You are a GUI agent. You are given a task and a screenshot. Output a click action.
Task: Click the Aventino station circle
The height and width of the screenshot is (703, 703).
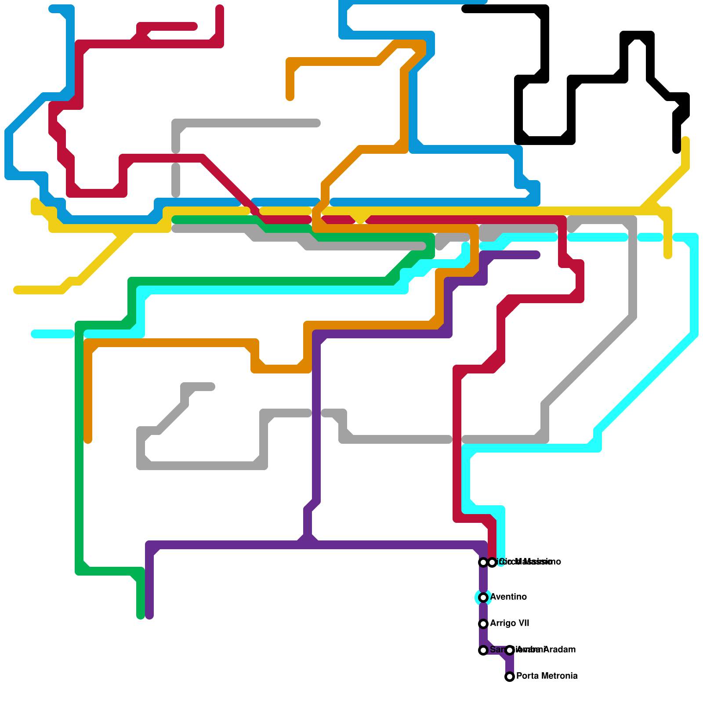(x=483, y=598)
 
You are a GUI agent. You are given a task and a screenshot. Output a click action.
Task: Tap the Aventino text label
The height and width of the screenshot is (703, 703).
(x=508, y=597)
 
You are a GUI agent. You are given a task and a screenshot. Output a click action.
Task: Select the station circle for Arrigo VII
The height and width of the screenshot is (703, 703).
(x=483, y=624)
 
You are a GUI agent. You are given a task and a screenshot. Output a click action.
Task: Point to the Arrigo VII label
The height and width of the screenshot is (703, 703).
(x=510, y=623)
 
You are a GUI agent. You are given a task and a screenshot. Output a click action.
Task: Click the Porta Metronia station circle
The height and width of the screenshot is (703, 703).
(x=510, y=677)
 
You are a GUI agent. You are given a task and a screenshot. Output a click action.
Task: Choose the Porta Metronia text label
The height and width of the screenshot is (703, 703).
(x=547, y=676)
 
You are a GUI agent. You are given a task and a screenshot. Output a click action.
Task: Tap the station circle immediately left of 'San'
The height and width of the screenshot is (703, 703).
(x=483, y=650)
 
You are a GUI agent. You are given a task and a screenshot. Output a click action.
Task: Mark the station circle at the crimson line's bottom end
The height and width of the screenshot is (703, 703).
(x=492, y=562)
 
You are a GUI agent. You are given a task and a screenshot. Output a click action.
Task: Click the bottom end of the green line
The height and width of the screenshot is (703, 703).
(x=141, y=615)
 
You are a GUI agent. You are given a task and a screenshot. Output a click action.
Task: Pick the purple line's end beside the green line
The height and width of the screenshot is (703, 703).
(x=149, y=615)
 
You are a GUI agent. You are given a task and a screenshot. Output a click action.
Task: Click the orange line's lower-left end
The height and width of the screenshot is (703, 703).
(x=88, y=439)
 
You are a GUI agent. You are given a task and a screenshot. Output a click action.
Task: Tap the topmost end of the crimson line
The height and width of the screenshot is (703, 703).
(x=220, y=9)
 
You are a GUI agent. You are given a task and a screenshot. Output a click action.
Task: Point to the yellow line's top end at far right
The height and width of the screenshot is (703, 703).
(x=685, y=141)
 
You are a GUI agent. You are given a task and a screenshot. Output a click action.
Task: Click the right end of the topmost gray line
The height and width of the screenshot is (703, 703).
(x=316, y=123)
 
